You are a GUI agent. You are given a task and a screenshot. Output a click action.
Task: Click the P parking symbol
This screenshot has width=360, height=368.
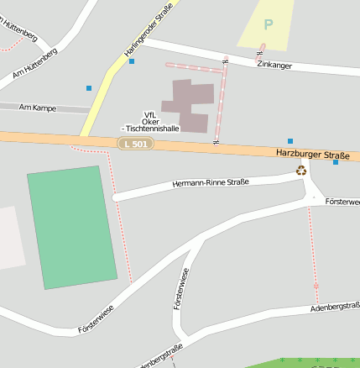(269, 24)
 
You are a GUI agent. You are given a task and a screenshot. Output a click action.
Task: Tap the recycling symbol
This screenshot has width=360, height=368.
(301, 171)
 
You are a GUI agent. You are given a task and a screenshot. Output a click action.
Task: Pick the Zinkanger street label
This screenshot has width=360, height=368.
(274, 65)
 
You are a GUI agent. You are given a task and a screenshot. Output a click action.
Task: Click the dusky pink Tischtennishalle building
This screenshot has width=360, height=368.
(190, 105)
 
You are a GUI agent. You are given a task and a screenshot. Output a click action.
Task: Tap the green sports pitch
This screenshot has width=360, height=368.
(72, 227)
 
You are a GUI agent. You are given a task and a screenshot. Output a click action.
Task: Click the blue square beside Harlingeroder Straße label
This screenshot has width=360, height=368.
(132, 61)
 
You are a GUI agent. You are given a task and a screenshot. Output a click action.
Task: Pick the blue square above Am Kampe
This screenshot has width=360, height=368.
(89, 87)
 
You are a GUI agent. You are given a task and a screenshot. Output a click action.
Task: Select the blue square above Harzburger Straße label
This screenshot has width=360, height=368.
(290, 141)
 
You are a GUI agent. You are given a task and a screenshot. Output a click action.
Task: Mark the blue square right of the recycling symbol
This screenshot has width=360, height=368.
(336, 162)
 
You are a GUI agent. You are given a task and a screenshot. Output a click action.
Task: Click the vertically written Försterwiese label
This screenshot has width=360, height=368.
(179, 288)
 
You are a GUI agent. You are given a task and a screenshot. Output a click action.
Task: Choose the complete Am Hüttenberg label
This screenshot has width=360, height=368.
(36, 66)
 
